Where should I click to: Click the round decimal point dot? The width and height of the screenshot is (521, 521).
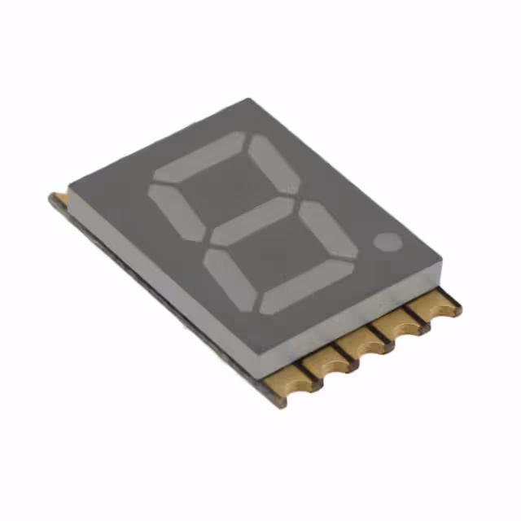[388, 241]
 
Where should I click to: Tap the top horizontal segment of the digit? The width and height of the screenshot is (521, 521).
[200, 156]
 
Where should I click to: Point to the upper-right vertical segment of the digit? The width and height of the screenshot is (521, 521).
[273, 164]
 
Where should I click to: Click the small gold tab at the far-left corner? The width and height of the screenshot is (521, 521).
[58, 199]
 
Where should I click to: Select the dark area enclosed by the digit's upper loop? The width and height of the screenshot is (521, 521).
[225, 189]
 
